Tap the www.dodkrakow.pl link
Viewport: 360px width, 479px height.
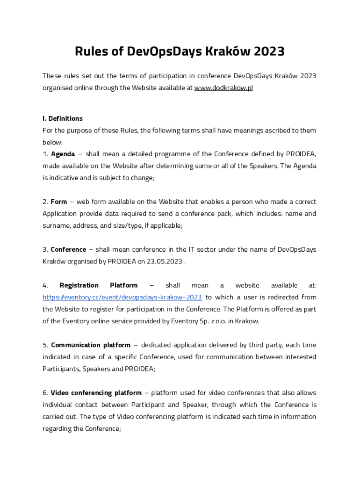coord(223,88)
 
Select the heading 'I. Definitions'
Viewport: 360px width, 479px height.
coord(62,118)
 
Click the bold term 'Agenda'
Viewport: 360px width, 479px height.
coord(63,154)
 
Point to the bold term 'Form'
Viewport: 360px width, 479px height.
coord(59,202)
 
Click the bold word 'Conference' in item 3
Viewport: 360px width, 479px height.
coord(68,249)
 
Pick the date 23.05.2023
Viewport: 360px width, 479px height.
coord(165,261)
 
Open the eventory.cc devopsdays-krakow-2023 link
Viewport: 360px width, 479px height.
coord(122,297)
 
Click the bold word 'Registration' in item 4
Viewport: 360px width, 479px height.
coord(79,285)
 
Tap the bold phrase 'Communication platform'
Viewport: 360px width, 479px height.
coord(91,345)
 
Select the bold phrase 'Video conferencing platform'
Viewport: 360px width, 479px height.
coord(96,393)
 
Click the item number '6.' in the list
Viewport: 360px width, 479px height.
coord(45,393)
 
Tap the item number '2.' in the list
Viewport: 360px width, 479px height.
coord(45,202)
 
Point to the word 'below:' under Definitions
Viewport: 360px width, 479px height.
coord(52,142)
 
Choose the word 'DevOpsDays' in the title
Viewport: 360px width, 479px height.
coord(164,51)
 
